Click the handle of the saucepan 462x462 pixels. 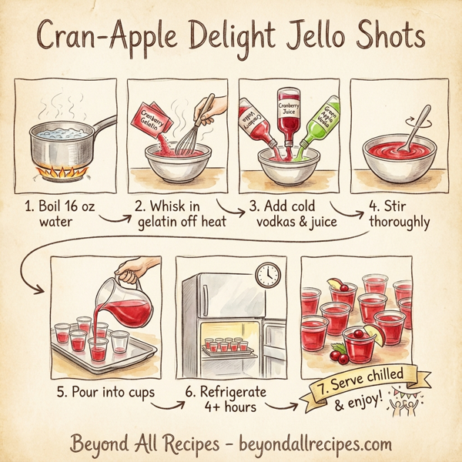(x=100, y=126)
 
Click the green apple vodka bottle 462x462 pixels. (x=320, y=126)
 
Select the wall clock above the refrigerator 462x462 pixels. (x=266, y=275)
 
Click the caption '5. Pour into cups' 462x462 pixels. (x=105, y=391)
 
